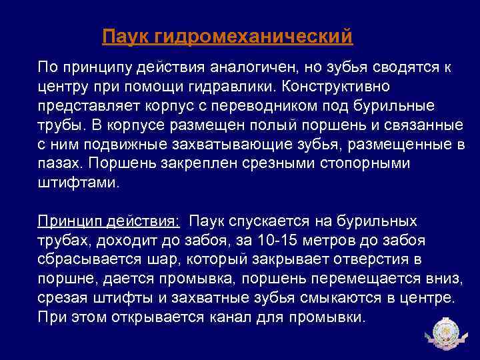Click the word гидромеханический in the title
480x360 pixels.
pos(253,37)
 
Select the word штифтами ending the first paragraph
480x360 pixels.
pos(78,183)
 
